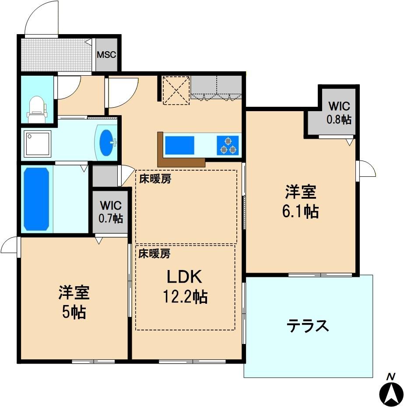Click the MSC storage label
tap(106, 55)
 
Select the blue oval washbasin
tap(106, 143)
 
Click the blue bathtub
tap(36, 199)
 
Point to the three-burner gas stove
tap(228, 145)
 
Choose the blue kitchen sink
tap(179, 145)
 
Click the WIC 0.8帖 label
tap(339, 112)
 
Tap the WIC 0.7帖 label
tap(111, 212)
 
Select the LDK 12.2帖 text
tap(185, 287)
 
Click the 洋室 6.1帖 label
tap(301, 201)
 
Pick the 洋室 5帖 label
tap(74, 302)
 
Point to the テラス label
tap(308, 326)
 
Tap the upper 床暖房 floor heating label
tap(155, 179)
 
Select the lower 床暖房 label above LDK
tap(154, 253)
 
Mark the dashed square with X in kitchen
tap(176, 90)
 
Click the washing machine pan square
tap(37, 143)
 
